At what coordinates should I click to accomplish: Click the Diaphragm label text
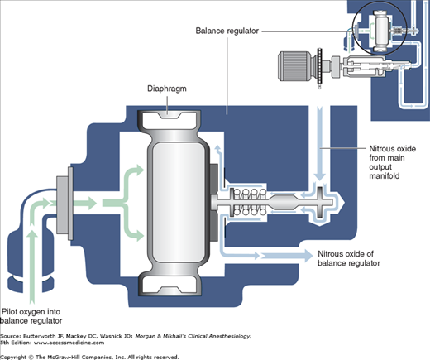[167, 89]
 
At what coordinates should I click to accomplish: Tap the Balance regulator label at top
[227, 31]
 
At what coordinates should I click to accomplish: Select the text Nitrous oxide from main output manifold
[392, 162]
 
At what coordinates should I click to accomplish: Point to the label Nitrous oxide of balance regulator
[349, 258]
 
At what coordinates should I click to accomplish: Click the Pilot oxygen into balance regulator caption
[31, 316]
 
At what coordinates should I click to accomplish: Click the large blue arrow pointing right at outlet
[287, 255]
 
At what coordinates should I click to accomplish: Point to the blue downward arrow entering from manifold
[320, 143]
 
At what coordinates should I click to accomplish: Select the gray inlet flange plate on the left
[64, 204]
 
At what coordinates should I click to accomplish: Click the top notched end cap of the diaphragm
[169, 119]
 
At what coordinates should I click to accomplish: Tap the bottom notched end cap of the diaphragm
[169, 286]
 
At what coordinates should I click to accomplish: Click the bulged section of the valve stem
[283, 202]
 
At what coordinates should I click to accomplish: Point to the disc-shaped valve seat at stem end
[320, 202]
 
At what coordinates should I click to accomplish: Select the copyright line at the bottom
[89, 357]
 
